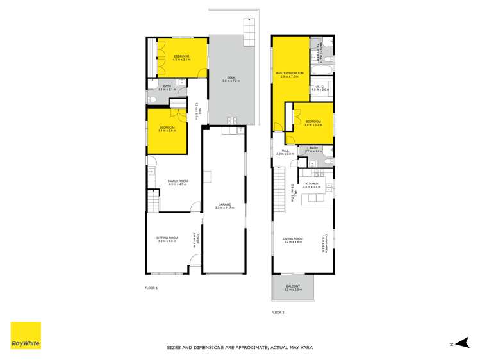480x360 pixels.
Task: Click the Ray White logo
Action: coord(26,335)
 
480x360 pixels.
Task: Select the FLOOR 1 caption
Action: coord(151,288)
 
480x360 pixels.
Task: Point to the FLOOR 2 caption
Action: coord(277,313)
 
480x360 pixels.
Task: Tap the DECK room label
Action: coord(231,78)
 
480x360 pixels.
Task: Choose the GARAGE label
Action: coord(223,204)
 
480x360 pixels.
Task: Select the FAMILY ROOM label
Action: coord(178,181)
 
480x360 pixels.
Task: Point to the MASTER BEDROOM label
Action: coord(288,74)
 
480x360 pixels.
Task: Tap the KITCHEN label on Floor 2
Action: coord(311,184)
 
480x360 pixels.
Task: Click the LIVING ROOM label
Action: coord(293,239)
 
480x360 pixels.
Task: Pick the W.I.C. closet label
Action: coord(320,87)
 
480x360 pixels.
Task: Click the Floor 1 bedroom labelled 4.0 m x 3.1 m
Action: coord(181,57)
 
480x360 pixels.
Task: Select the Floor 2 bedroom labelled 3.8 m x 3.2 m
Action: coord(313,122)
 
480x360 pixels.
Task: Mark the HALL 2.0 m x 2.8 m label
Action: coord(285,152)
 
